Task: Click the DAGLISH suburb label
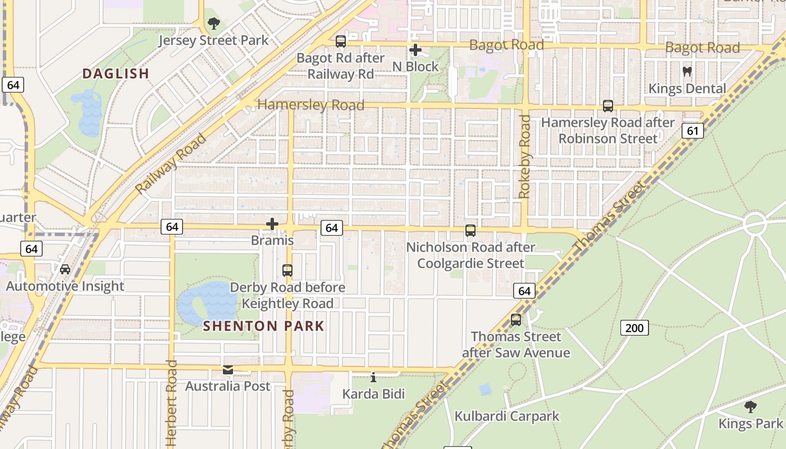click(x=116, y=74)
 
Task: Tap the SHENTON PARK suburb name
click(x=263, y=326)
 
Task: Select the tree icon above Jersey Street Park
click(x=213, y=24)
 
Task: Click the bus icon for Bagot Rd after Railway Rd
click(x=341, y=41)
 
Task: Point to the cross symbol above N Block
click(x=415, y=50)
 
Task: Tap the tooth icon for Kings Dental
click(x=687, y=71)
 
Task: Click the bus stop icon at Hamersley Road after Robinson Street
click(x=607, y=106)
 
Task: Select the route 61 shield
click(x=693, y=131)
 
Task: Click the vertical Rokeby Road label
click(x=524, y=157)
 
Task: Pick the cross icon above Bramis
click(x=272, y=224)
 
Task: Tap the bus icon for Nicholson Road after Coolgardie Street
click(x=470, y=230)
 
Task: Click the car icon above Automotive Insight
click(x=65, y=269)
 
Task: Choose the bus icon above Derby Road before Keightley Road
click(x=287, y=270)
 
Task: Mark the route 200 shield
click(x=634, y=328)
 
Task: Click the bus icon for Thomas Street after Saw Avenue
click(x=515, y=320)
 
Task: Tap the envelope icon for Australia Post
click(x=228, y=370)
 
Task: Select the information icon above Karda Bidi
click(x=373, y=377)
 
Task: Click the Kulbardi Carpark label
click(x=507, y=416)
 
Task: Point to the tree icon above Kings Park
click(x=750, y=406)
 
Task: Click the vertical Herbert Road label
click(x=172, y=403)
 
